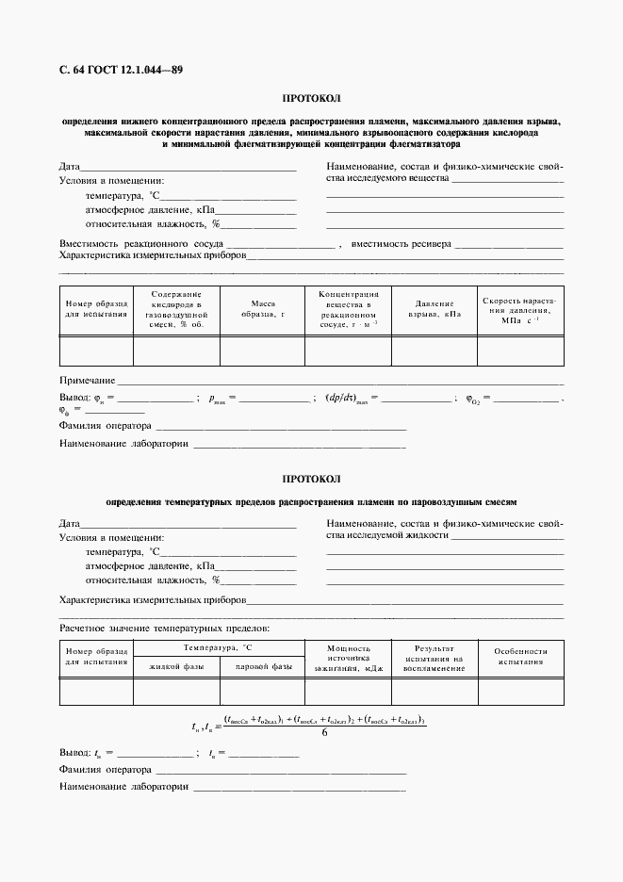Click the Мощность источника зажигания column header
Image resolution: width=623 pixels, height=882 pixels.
349,659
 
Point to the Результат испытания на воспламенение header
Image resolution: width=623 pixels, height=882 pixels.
434,659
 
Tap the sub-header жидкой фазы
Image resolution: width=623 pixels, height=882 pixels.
176,667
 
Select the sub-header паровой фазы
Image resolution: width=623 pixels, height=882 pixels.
263,667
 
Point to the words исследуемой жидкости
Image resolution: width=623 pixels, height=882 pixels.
386,534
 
